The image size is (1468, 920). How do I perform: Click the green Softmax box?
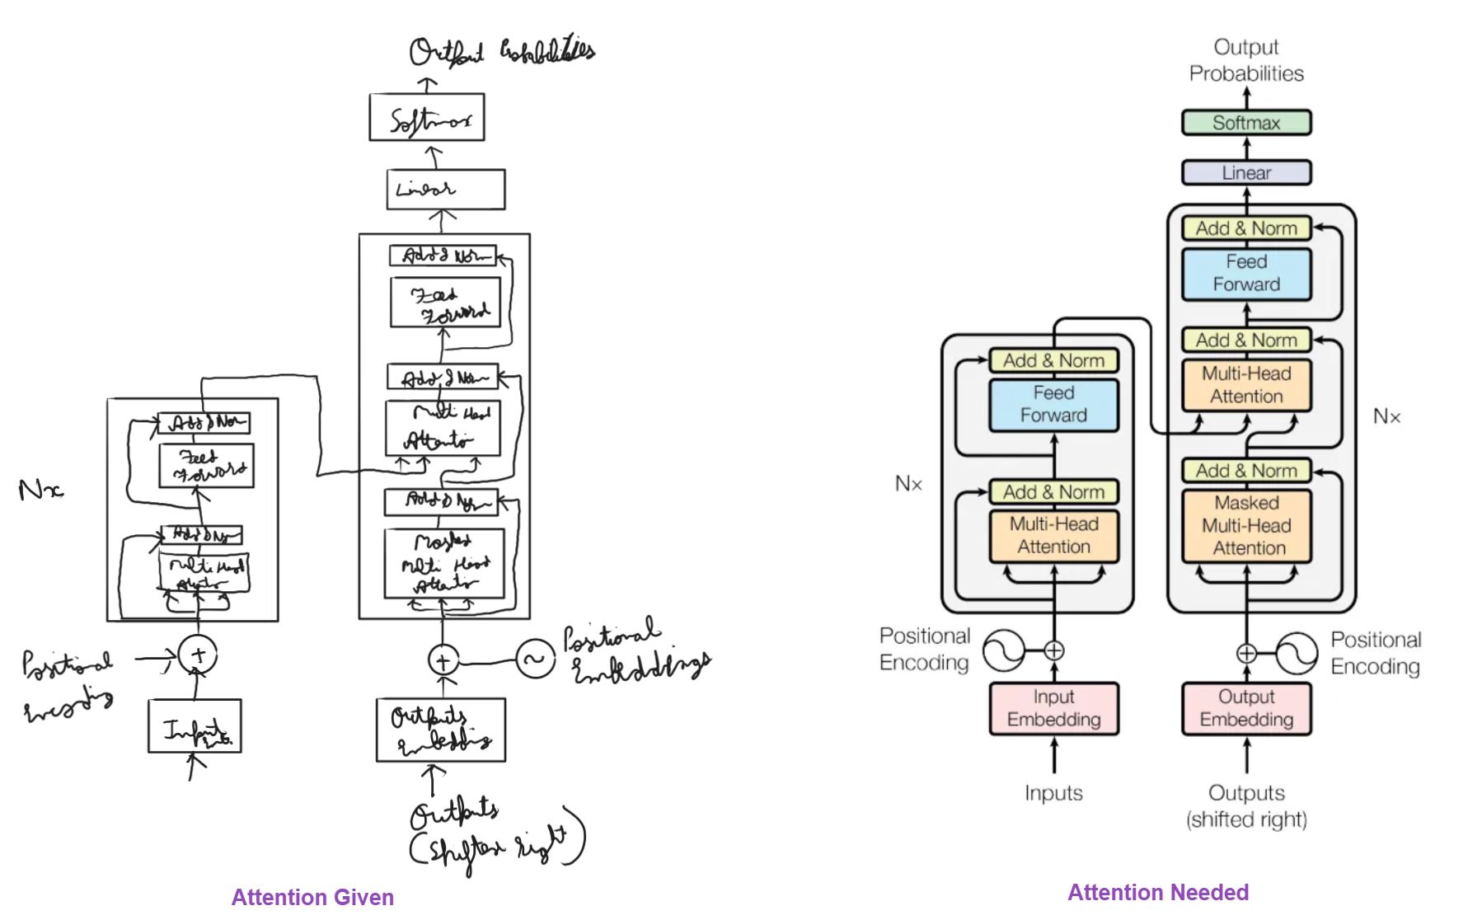[x=1245, y=123]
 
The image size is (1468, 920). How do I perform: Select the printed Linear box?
[x=1245, y=173]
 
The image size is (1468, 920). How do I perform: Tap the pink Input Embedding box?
[x=1053, y=708]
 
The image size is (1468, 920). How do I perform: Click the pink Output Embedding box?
[x=1245, y=708]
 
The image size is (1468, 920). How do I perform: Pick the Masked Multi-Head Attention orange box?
[x=1245, y=526]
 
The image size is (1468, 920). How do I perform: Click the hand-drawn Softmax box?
[x=426, y=118]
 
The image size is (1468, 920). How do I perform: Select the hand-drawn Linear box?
[x=445, y=190]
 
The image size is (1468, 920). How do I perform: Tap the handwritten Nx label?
[x=40, y=491]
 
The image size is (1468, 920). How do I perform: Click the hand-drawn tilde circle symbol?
[x=535, y=659]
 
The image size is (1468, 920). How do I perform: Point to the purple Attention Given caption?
[x=312, y=897]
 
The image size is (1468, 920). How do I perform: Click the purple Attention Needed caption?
[x=1158, y=892]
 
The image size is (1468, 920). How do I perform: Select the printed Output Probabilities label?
[x=1245, y=60]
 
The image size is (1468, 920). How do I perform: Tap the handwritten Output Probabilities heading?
[x=500, y=52]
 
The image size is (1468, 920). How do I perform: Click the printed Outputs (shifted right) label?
[x=1245, y=805]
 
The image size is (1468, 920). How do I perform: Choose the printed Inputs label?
[x=1053, y=793]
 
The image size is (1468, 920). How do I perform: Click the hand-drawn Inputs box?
[x=195, y=726]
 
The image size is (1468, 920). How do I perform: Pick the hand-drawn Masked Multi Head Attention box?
[x=443, y=564]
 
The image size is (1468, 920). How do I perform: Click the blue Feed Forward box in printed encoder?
[x=1053, y=405]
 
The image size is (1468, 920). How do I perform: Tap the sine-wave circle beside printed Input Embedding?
[x=1003, y=650]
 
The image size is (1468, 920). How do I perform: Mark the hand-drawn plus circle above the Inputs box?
[x=198, y=655]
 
